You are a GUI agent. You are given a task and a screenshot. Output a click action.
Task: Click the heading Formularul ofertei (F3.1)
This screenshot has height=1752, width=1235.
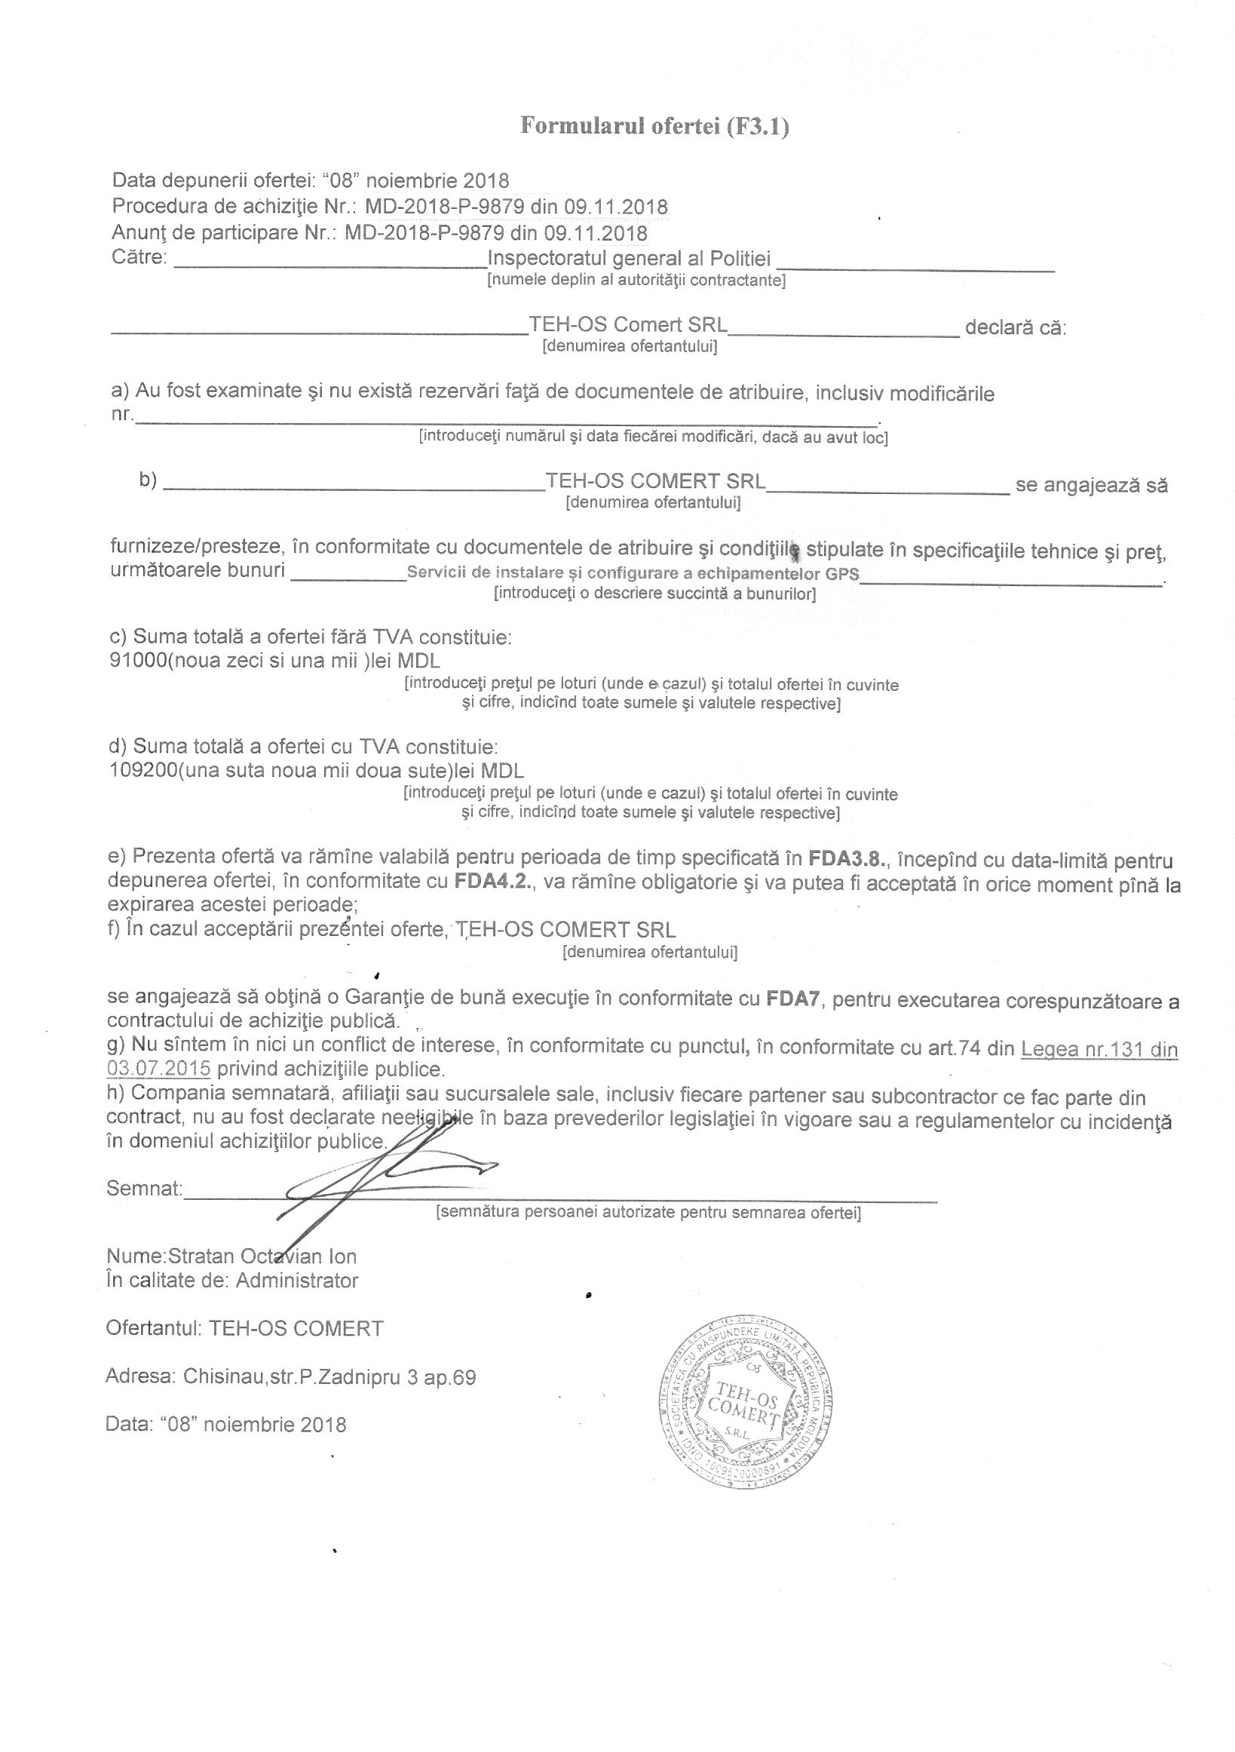654,126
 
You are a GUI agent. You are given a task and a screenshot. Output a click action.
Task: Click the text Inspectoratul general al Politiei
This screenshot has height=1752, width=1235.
629,259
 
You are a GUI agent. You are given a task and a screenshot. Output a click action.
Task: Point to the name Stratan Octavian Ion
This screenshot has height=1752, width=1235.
262,1256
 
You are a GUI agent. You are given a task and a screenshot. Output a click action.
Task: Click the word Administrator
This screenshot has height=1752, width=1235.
296,1281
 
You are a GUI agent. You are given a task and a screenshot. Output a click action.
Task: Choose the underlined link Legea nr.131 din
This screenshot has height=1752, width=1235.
1099,1050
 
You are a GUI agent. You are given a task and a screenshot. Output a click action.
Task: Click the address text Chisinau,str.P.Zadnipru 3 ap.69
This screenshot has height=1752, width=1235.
328,1377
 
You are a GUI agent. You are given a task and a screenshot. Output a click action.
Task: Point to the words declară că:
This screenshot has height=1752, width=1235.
1016,328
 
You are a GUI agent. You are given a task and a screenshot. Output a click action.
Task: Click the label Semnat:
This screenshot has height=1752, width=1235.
144,1188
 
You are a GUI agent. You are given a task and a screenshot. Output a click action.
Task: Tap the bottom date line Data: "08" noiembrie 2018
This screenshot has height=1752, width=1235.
225,1425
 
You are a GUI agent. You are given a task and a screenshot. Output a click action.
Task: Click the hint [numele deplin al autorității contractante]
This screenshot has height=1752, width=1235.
636,280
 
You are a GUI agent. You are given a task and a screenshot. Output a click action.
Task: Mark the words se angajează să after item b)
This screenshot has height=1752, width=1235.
1091,485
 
